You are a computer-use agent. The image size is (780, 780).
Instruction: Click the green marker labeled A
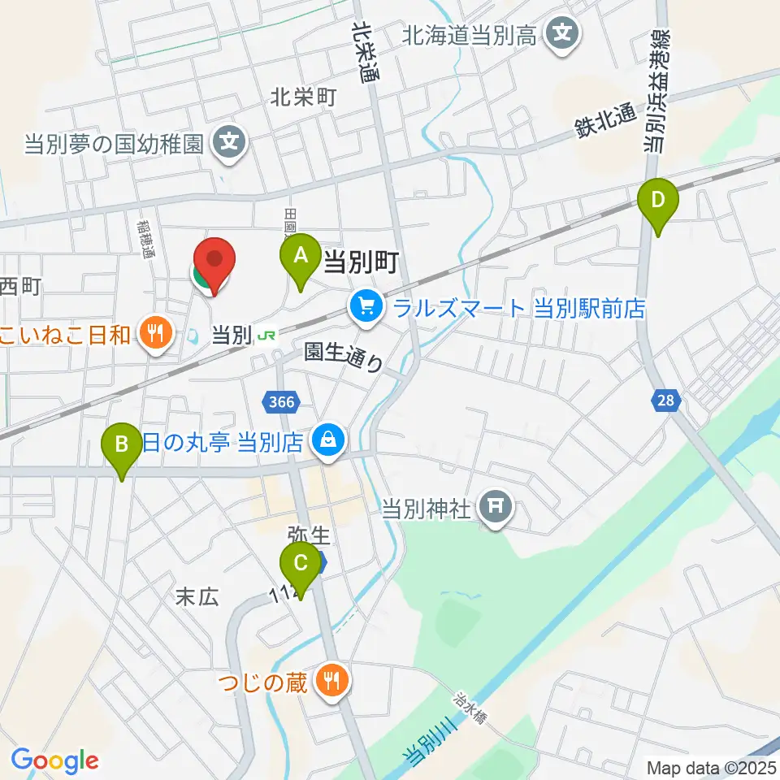coord(300,257)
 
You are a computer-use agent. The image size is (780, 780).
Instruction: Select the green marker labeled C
coord(300,562)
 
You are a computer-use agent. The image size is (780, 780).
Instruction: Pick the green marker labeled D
coord(659,200)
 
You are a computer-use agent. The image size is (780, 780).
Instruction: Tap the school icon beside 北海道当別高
coord(561,33)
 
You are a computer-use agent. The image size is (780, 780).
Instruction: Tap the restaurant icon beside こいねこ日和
coord(154,333)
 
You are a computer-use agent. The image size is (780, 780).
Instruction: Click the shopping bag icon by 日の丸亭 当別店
coord(328,442)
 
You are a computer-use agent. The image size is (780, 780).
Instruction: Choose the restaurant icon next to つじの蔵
coord(331,681)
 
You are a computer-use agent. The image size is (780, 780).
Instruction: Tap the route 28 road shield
coord(665,400)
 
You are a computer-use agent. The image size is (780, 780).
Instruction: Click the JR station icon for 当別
coord(266,335)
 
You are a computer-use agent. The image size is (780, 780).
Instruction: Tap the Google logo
coord(54,760)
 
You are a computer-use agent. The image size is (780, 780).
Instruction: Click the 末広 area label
coord(197,597)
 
